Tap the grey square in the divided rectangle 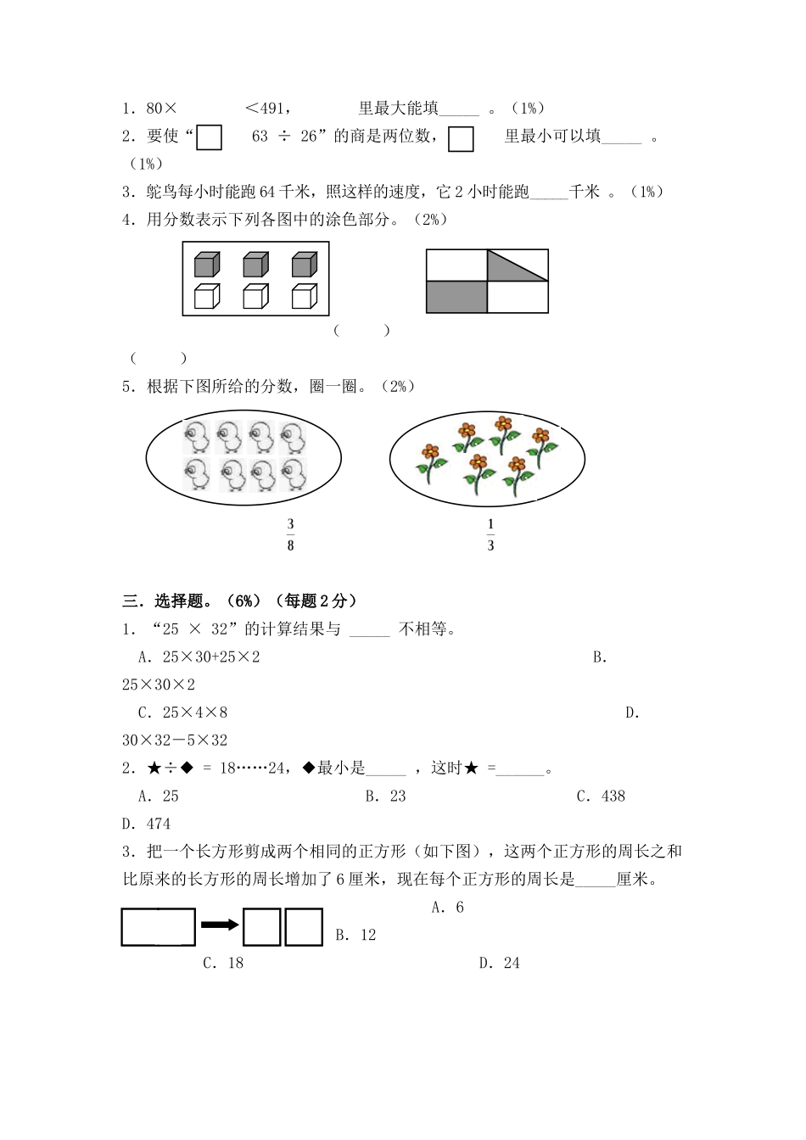(456, 297)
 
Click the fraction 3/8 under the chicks (290, 535)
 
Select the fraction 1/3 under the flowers (490, 535)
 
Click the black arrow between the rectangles (220, 925)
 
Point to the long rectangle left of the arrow (159, 926)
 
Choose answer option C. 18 (223, 963)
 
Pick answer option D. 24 (499, 963)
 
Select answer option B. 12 (355, 935)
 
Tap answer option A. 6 (447, 907)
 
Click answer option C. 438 (601, 796)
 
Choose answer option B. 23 (385, 796)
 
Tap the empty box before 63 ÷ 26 (209, 137)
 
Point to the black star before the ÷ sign (154, 768)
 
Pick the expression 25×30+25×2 (199, 657)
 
